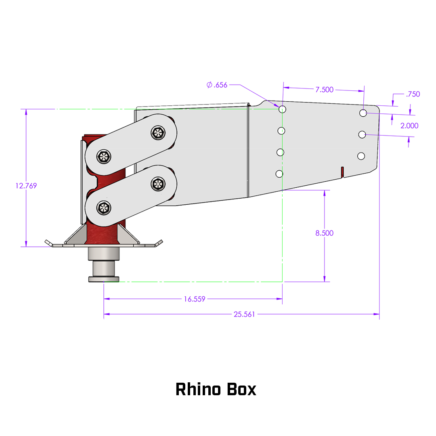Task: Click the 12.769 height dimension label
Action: (26, 186)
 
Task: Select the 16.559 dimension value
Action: (195, 299)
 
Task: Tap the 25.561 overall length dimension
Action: (244, 314)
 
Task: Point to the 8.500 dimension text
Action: (324, 233)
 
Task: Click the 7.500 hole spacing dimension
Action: (324, 90)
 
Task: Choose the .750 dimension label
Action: (413, 94)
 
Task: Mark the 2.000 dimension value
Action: (409, 126)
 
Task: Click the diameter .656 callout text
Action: (217, 85)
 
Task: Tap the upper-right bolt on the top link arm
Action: (158, 133)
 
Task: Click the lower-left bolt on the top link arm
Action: (104, 157)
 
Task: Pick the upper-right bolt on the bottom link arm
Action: (158, 184)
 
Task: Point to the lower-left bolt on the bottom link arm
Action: (104, 208)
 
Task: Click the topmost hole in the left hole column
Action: (282, 109)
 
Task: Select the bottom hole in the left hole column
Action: (279, 174)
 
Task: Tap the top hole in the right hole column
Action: (363, 113)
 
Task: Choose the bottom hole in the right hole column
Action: (361, 156)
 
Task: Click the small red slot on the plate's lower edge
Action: (342, 172)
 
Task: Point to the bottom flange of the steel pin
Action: (104, 279)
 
